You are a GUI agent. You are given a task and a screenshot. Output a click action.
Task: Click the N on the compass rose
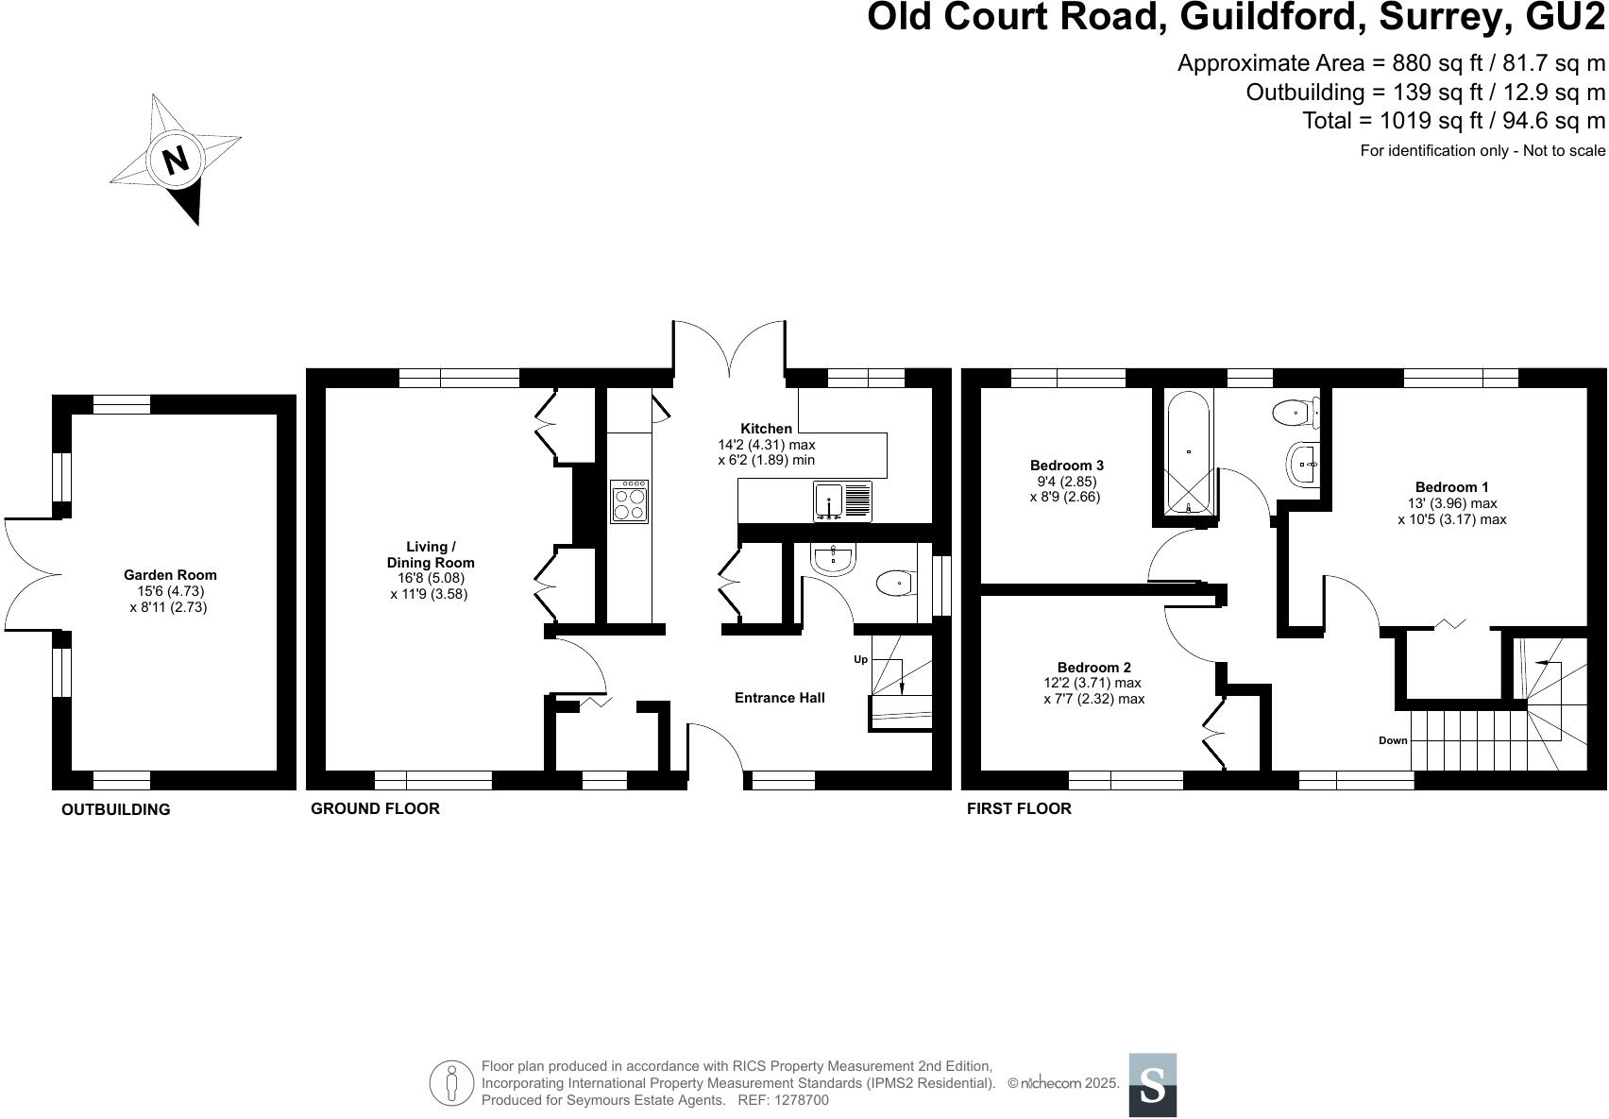point(175,161)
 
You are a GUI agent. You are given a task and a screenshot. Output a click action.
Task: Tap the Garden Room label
point(170,574)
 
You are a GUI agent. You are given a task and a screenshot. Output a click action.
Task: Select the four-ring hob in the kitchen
point(630,501)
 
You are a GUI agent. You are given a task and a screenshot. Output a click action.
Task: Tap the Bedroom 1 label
point(1451,487)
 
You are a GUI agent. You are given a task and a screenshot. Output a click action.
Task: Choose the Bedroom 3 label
point(1066,466)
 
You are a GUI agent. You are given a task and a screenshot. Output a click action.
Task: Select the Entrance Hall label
point(779,698)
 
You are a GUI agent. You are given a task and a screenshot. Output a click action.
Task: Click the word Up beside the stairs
point(860,659)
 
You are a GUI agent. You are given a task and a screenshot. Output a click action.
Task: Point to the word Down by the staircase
point(1393,740)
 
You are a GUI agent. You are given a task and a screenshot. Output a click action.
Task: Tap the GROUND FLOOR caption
point(375,808)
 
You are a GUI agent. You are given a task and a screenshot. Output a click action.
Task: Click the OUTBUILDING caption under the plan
point(115,809)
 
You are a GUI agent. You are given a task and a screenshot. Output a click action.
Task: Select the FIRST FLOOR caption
point(1019,808)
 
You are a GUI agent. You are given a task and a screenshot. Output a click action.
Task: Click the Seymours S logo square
point(1152,1085)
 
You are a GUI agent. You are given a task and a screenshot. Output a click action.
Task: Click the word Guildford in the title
point(1270,18)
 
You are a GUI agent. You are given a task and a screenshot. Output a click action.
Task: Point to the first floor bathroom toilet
point(1294,413)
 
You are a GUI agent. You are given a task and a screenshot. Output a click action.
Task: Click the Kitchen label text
point(766,429)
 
